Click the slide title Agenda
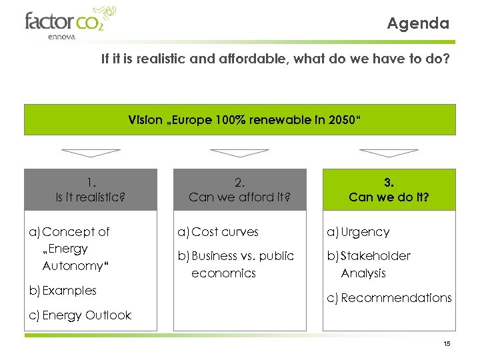tap(418, 23)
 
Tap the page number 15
tap(447, 343)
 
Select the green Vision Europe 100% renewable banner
tap(240, 120)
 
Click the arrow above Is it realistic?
tap(90, 153)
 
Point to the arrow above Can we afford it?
tap(239, 153)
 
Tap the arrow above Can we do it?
tap(389, 153)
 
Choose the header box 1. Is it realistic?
tap(90, 189)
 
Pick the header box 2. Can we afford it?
tap(239, 189)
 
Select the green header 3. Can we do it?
tap(389, 189)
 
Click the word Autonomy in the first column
tap(69, 265)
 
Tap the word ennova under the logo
tap(62, 37)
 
